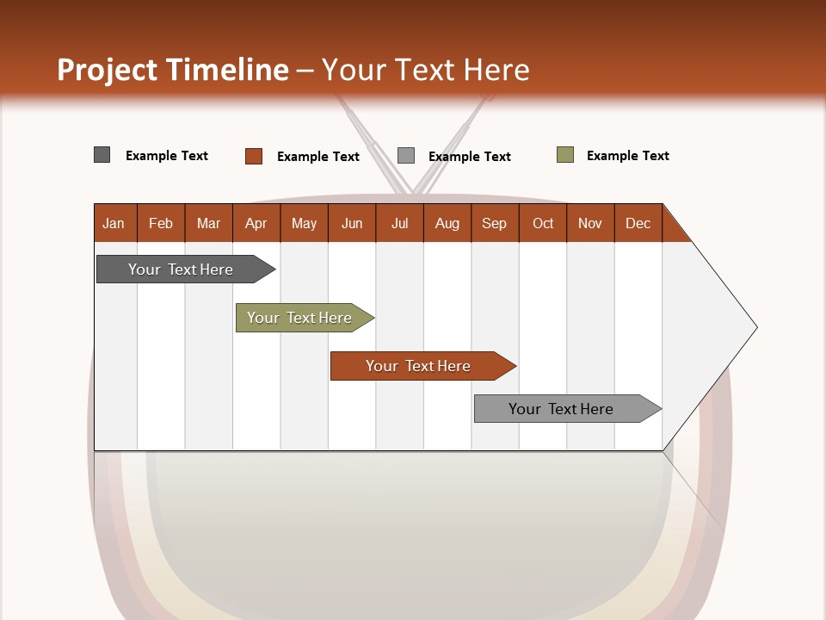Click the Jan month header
tap(114, 223)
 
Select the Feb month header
tap(161, 223)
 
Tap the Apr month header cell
tap(256, 223)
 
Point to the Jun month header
tap(352, 223)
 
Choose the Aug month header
tap(447, 223)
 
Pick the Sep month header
tap(495, 223)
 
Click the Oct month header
tap(543, 223)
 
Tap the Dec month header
tap(638, 223)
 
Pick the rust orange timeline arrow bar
tap(419, 366)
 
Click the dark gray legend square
tap(102, 155)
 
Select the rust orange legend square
tap(254, 156)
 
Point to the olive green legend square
tap(565, 155)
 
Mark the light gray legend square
tap(406, 156)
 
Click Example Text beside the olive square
tap(627, 156)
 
